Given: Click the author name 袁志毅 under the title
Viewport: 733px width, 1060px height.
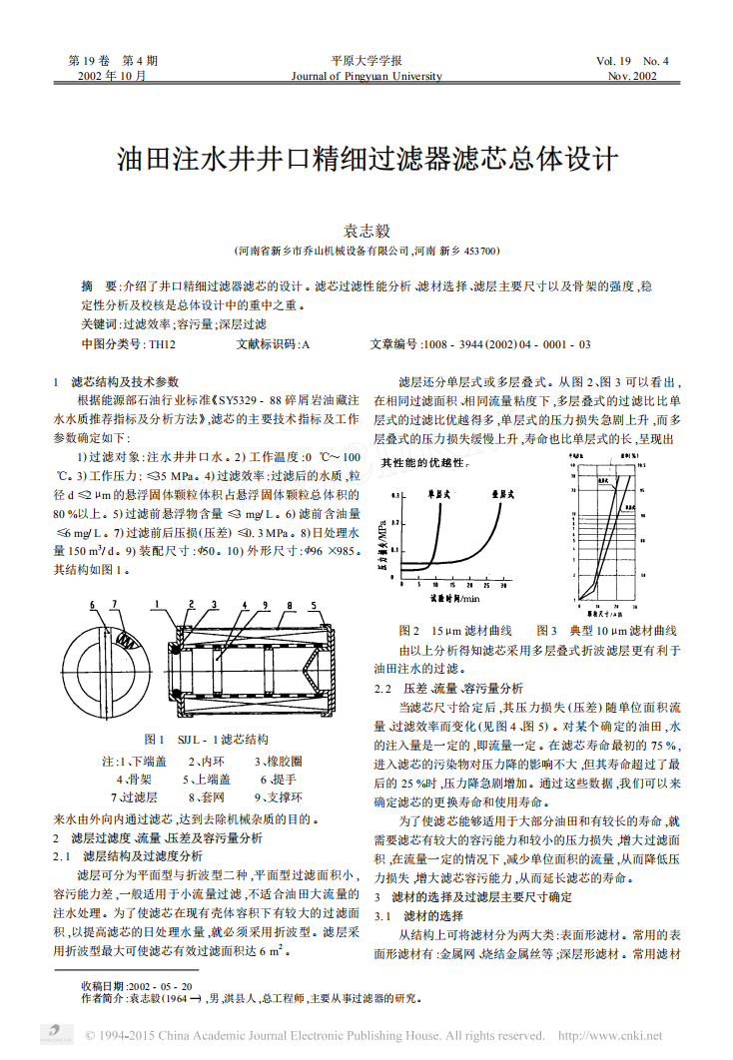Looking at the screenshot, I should point(366,231).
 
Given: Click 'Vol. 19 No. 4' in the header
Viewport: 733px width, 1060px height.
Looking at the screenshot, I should point(632,61).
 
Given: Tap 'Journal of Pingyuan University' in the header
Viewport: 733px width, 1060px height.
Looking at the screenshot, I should point(366,76).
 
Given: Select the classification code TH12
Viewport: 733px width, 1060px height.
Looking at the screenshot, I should point(162,344).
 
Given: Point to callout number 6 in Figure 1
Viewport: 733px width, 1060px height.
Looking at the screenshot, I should point(91,606).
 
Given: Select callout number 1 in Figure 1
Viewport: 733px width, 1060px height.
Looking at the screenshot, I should point(157,606).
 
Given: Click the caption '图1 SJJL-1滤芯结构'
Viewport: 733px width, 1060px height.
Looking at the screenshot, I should point(207,740).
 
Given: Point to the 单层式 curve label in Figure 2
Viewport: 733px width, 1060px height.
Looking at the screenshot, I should point(438,493).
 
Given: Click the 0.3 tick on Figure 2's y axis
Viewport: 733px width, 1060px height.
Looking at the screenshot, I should point(395,495).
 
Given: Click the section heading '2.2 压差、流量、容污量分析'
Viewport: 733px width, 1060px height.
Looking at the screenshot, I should point(448,688).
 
